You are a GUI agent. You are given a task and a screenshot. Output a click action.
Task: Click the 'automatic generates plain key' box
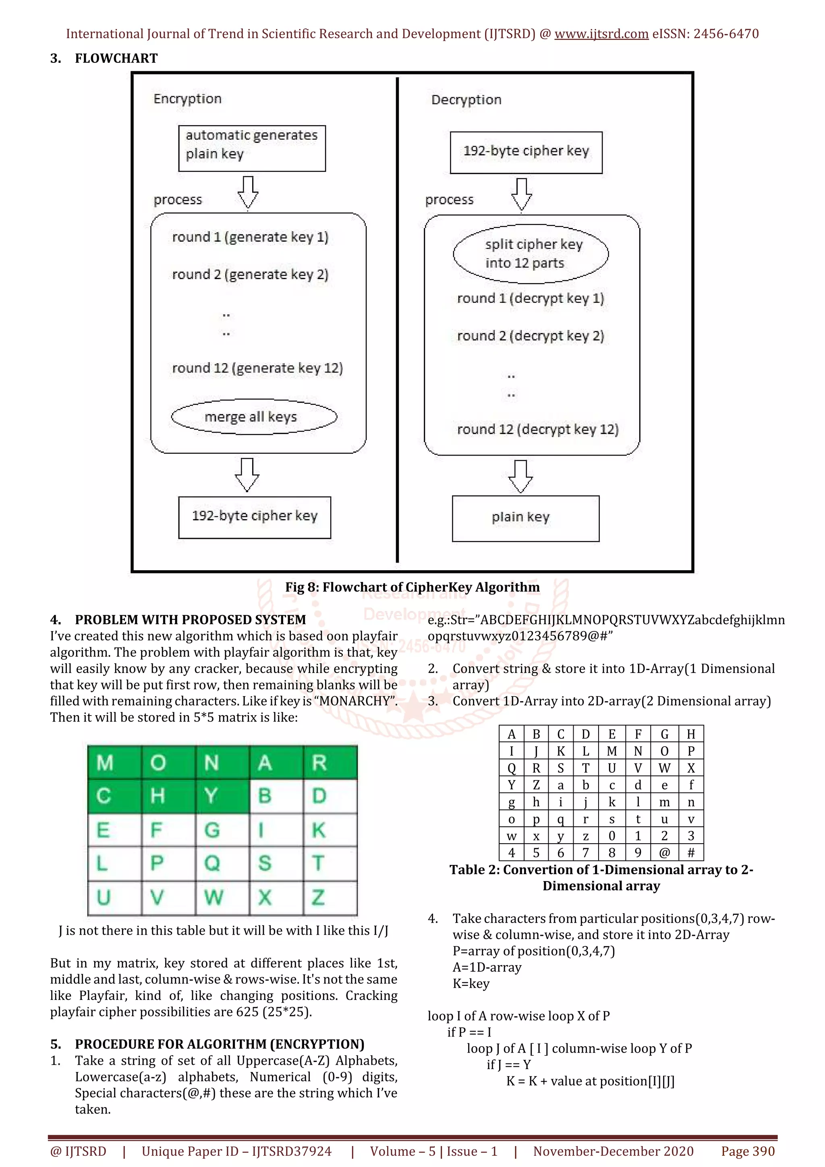(x=252, y=149)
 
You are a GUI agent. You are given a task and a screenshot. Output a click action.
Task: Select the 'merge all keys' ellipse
(x=254, y=417)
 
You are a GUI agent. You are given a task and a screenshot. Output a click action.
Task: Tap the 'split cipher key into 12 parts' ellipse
(x=530, y=254)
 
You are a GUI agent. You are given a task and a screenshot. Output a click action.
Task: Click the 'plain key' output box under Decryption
(x=525, y=518)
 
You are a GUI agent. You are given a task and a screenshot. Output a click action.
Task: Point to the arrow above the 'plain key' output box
(x=520, y=476)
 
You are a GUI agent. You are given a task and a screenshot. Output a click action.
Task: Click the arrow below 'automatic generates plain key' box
(x=248, y=192)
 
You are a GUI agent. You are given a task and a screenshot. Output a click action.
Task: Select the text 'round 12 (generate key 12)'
(x=257, y=368)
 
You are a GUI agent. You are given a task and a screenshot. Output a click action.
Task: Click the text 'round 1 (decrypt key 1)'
(x=530, y=298)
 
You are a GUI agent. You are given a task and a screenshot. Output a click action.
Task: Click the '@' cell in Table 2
(x=664, y=852)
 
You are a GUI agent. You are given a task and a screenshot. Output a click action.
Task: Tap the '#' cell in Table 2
(x=691, y=852)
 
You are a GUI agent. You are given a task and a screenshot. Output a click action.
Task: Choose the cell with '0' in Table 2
(x=611, y=836)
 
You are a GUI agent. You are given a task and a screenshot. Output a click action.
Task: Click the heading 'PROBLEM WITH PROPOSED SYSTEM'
(x=190, y=620)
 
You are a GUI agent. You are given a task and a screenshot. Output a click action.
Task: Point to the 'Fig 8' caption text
(x=412, y=587)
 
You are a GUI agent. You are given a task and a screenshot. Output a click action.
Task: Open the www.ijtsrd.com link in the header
(x=601, y=34)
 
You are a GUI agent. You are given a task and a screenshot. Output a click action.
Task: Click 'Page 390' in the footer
(x=747, y=1151)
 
